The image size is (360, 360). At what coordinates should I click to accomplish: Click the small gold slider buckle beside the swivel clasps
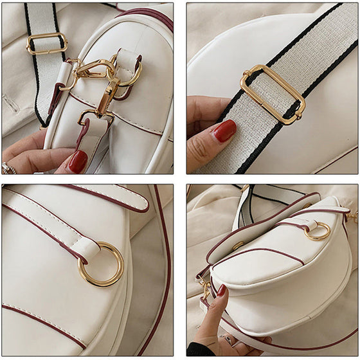tap(46, 43)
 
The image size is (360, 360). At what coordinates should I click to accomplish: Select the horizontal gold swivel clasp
tap(94, 69)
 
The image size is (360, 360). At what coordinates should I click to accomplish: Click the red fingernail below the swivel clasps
tap(78, 161)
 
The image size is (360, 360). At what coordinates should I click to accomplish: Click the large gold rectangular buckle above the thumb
tap(273, 93)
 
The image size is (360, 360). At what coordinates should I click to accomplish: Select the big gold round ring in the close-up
tap(102, 264)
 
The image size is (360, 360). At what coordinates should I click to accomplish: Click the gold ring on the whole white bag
tap(317, 231)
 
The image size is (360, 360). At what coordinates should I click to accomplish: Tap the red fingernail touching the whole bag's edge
tap(221, 291)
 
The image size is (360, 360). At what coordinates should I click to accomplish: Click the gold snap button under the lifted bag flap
tap(238, 245)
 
